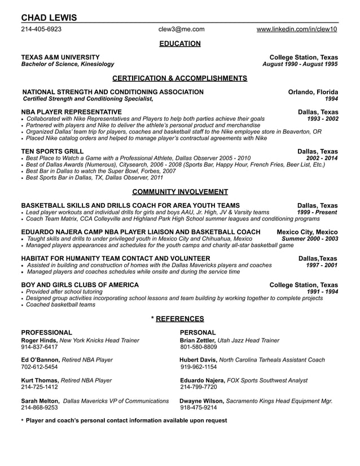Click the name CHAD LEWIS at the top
[49, 17]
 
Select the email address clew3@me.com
[181, 29]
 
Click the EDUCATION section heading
[180, 43]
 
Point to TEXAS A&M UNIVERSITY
[60, 58]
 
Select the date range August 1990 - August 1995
[300, 64]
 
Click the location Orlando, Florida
[313, 92]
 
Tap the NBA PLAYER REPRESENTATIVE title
[71, 112]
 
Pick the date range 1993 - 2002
[322, 119]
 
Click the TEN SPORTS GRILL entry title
[52, 151]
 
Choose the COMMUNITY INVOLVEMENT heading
[180, 192]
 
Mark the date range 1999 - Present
[317, 212]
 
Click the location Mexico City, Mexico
[308, 232]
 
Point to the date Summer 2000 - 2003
[310, 239]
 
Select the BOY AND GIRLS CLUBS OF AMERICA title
[80, 285]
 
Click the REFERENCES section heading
[180, 319]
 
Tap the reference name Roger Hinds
[39, 340]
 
